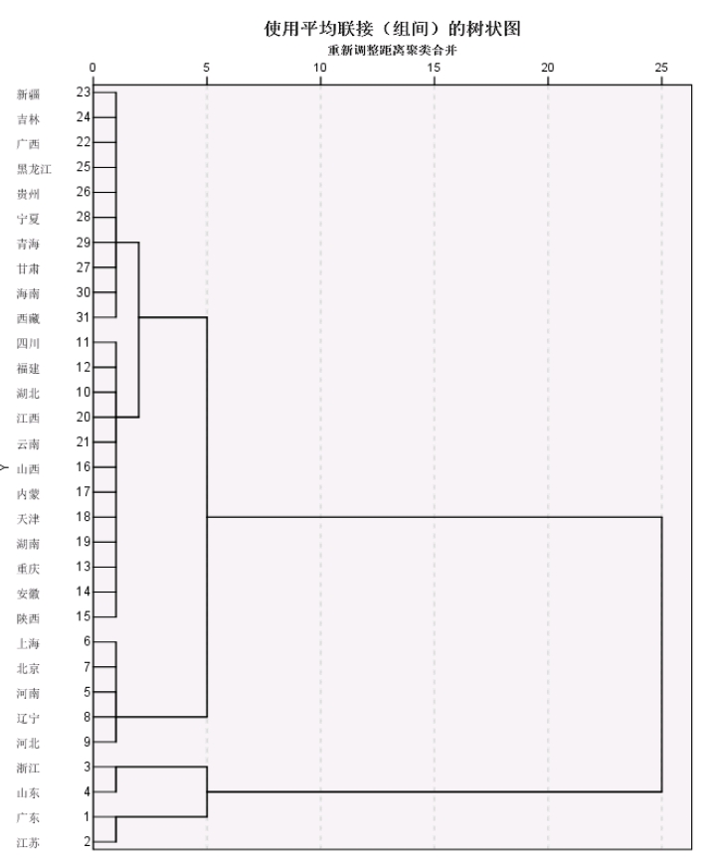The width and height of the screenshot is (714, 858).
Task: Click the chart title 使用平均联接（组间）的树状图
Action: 392,28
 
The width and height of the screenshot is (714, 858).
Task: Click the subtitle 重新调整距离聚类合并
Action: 392,51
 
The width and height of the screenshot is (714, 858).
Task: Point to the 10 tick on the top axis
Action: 320,68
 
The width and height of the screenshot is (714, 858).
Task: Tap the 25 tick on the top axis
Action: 661,68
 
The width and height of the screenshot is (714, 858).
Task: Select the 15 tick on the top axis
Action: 434,68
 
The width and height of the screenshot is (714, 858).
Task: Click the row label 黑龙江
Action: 34,169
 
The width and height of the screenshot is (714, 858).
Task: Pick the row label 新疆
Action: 28,94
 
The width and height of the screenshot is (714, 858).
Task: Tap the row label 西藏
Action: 28,318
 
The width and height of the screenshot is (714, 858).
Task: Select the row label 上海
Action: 28,643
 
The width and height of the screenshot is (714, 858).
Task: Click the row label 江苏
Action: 28,843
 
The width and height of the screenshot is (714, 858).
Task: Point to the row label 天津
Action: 28,519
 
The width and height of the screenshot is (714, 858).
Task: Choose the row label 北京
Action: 28,669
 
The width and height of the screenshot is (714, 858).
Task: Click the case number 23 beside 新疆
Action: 84,91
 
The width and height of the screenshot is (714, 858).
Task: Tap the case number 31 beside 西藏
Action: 84,317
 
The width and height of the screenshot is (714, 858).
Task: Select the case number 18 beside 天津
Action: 84,517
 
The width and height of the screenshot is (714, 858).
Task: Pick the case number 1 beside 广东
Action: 87,816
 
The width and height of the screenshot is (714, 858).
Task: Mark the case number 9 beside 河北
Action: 87,742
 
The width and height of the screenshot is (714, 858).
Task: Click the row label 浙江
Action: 28,769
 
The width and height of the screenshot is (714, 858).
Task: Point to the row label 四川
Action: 28,344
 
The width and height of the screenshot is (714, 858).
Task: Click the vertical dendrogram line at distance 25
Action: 661,654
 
